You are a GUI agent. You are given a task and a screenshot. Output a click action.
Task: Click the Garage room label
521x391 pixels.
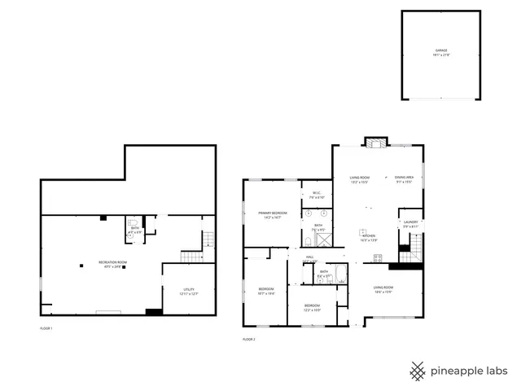(440, 52)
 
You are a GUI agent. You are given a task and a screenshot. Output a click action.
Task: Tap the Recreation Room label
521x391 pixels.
(112, 264)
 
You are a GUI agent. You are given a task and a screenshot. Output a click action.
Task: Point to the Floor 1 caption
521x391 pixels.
(46, 328)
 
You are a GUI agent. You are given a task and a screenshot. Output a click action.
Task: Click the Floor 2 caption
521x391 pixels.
(248, 338)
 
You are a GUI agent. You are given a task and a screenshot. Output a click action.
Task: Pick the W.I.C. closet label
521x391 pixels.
(317, 195)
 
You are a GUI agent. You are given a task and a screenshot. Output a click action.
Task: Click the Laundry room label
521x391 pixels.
(410, 224)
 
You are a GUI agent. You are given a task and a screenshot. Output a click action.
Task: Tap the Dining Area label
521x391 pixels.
(405, 179)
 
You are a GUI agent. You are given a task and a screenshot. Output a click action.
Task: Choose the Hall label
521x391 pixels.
(310, 260)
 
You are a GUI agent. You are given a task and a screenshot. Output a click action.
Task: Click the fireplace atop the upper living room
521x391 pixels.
(375, 142)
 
